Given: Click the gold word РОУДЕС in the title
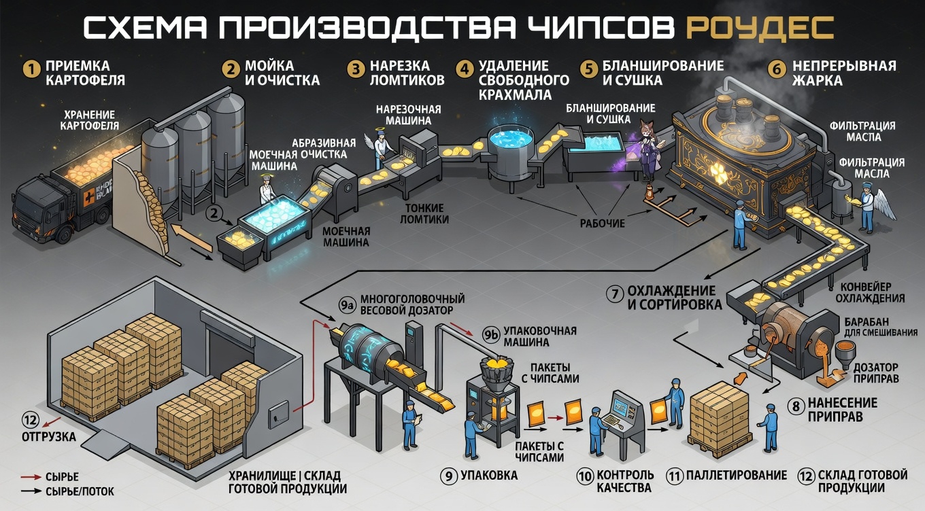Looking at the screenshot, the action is click(x=760, y=28).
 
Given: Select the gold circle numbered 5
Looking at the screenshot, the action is click(x=589, y=69).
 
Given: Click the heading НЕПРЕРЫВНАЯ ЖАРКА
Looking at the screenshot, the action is click(x=843, y=73).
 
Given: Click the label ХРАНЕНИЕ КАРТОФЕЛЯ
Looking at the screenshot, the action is click(x=89, y=120).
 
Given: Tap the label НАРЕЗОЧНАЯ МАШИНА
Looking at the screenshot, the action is click(x=408, y=115).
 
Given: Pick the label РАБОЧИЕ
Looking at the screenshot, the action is click(x=603, y=224).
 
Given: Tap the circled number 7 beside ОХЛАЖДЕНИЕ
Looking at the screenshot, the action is click(x=615, y=294).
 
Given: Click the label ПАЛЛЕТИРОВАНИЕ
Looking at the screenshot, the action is click(x=737, y=475).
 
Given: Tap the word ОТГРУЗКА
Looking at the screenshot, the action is click(x=49, y=437).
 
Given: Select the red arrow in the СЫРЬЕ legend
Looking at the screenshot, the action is click(x=31, y=477).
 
